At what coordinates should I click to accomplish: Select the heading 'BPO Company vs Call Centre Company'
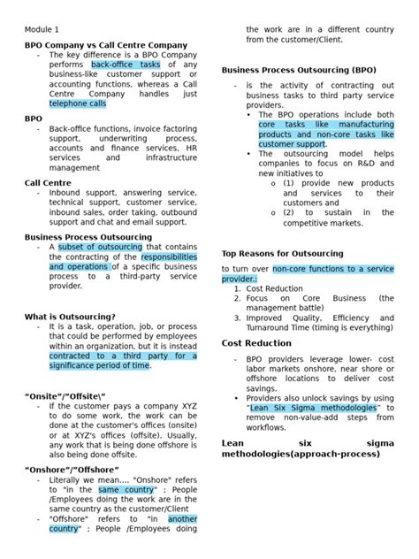click(105, 44)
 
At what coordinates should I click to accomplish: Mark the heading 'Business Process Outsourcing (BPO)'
click(299, 69)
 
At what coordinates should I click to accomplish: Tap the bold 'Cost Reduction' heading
click(258, 342)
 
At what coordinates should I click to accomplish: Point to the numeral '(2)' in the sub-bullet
click(293, 212)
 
